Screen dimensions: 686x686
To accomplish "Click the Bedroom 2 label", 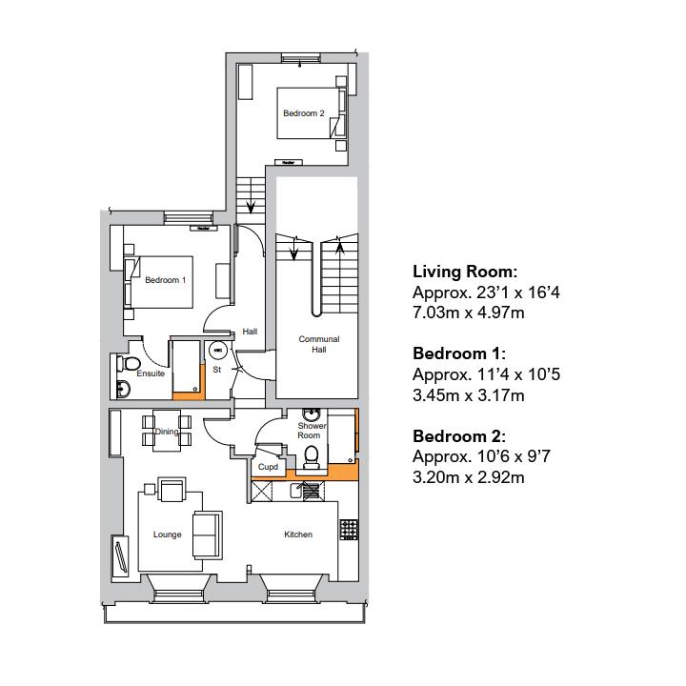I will tap(303, 113).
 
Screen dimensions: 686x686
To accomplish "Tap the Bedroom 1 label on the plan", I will tap(165, 280).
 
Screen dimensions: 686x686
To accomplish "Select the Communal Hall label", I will tap(318, 344).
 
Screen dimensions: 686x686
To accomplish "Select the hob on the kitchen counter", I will tap(349, 526).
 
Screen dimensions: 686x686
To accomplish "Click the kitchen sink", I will tap(309, 491).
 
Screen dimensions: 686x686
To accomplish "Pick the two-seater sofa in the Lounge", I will tap(205, 535).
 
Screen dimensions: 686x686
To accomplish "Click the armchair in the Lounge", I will tap(173, 491).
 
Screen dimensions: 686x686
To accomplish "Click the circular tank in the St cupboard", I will tap(217, 350).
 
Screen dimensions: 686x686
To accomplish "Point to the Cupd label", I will tap(268, 467).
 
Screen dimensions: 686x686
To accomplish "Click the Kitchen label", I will tap(297, 535).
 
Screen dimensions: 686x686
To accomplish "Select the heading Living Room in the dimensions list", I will tap(464, 272).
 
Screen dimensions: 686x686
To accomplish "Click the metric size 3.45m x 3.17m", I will tap(468, 395).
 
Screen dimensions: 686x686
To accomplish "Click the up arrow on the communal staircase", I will tap(340, 250).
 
